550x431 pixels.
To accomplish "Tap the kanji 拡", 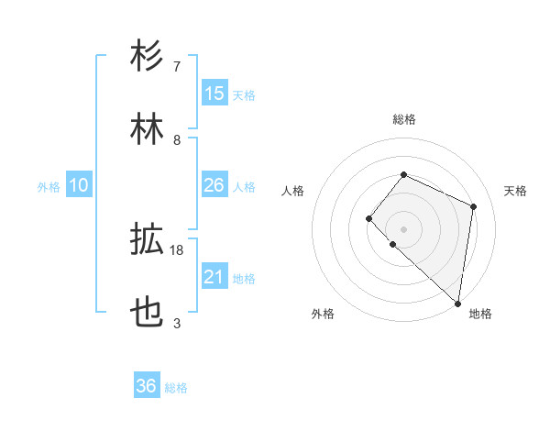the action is (x=148, y=239).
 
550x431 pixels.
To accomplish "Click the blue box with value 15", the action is (x=214, y=94).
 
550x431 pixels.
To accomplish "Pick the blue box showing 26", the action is (x=214, y=186).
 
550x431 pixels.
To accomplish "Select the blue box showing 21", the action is (x=214, y=278).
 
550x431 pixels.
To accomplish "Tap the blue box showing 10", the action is (x=79, y=186).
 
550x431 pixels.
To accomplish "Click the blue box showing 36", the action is (x=147, y=387).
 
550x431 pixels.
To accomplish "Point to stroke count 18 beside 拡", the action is (x=177, y=249).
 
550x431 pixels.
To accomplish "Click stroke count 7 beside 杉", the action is (x=177, y=66).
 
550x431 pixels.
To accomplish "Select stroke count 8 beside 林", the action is (x=177, y=139).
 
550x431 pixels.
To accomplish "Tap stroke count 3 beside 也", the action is (x=177, y=323).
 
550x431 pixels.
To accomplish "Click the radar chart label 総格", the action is (x=403, y=119).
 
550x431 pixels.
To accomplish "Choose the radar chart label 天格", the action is (x=515, y=191).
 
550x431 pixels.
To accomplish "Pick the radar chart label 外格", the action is (x=323, y=314).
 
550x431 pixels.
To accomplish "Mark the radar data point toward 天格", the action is (x=474, y=206).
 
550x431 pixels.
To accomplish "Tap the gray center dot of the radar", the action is (x=403, y=228).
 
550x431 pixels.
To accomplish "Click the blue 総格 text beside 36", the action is (x=176, y=388).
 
